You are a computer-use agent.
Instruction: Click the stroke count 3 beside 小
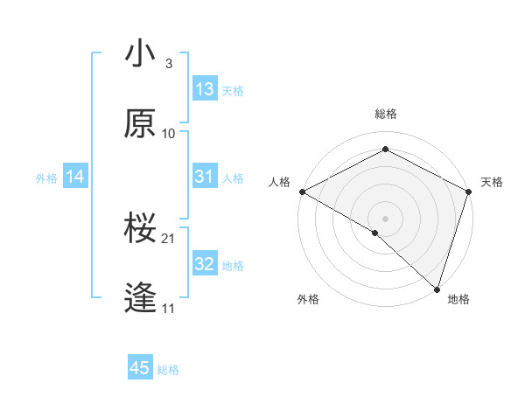168,64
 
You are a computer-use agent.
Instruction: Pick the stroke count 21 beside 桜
170,238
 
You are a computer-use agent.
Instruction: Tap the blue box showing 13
205,89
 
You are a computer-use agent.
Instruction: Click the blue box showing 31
205,177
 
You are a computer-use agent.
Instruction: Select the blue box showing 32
205,264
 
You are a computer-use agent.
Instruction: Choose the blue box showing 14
75,178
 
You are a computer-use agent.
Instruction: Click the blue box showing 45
140,368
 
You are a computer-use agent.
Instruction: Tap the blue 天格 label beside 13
233,90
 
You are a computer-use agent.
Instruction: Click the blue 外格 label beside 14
46,178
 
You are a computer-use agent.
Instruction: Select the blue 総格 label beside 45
168,370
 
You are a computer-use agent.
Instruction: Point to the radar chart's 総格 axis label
386,114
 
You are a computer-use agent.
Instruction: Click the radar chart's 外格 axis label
308,299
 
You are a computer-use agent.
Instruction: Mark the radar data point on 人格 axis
302,192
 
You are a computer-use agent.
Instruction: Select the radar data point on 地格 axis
437,289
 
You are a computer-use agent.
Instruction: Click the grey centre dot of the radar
386,218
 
